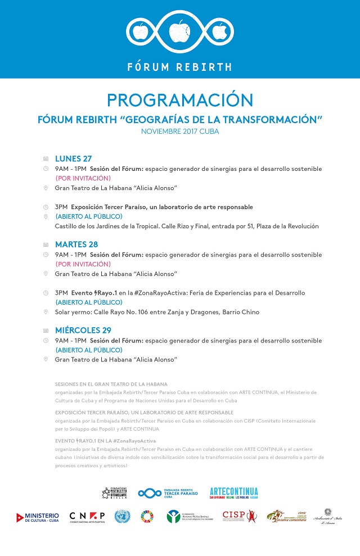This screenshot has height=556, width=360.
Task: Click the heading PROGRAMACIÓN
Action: [x=180, y=100]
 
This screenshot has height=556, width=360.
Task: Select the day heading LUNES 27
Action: [x=73, y=159]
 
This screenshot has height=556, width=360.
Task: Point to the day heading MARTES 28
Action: [x=76, y=245]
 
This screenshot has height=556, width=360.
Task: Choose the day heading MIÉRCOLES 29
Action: [x=83, y=331]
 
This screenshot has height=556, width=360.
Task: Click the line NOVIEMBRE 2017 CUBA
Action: [x=180, y=131]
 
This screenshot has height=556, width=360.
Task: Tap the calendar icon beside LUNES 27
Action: [x=46, y=159]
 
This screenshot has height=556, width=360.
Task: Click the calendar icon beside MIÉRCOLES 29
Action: [x=46, y=331]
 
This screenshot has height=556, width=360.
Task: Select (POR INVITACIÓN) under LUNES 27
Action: [x=83, y=178]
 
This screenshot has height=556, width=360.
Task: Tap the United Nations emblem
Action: [x=122, y=517]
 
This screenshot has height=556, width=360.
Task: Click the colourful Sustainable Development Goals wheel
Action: [x=147, y=517]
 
